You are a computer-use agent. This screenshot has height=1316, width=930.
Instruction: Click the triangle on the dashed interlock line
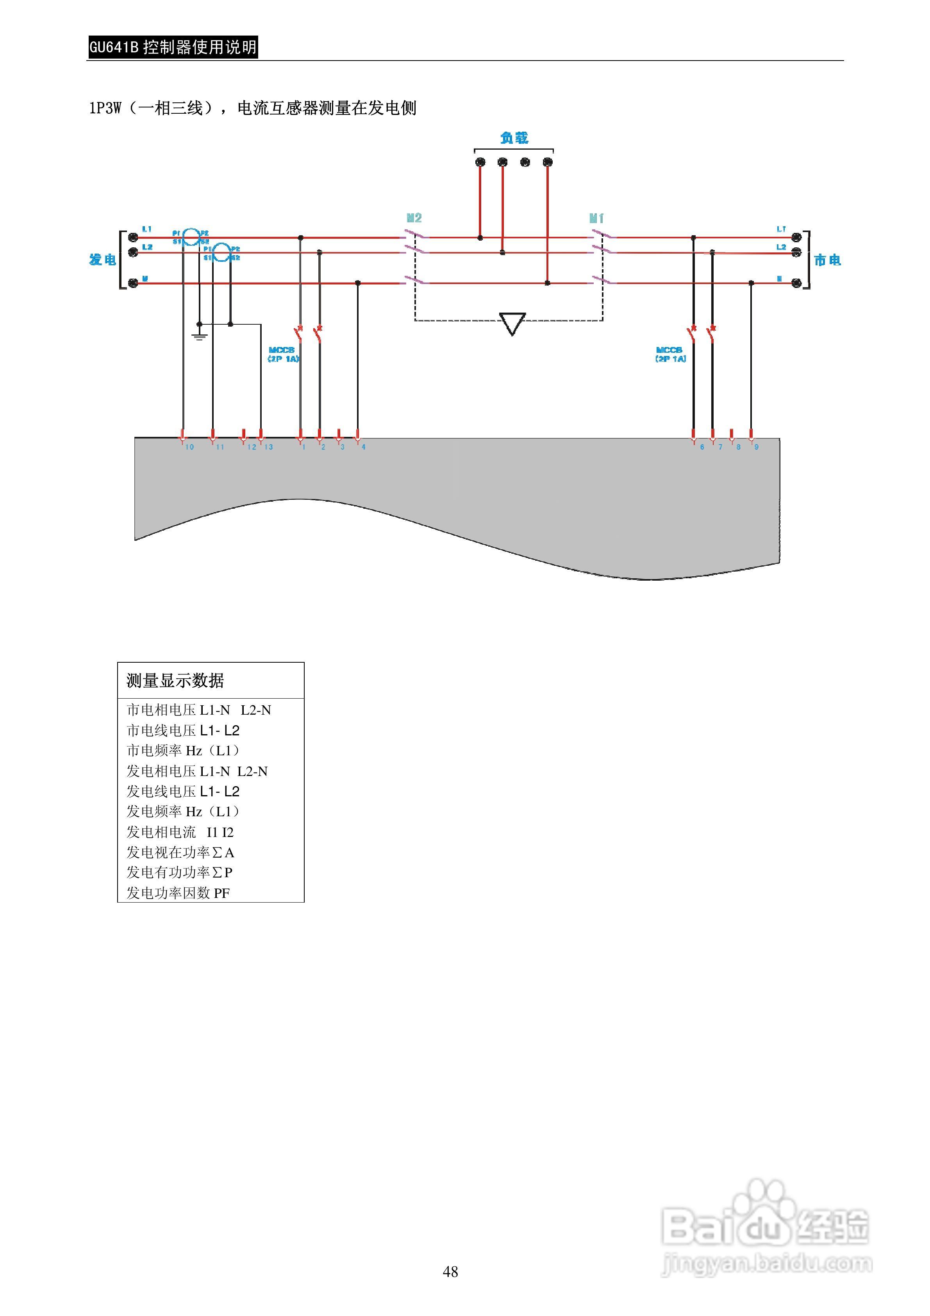tap(512, 323)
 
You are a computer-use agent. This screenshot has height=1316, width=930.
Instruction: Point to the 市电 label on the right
tap(827, 260)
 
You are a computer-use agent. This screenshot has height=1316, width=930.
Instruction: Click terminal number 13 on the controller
tap(268, 447)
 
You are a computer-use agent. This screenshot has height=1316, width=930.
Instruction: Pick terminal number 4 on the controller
tap(363, 447)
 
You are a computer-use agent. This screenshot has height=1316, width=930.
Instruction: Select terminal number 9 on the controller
tap(756, 447)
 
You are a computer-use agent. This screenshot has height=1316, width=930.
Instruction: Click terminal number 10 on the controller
tap(189, 447)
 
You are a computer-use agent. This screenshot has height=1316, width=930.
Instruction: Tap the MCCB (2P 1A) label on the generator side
tap(282, 354)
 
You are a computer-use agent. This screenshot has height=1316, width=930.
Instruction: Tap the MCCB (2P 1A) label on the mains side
tap(670, 354)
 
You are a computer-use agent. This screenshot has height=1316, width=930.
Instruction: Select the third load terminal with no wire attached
tap(525, 162)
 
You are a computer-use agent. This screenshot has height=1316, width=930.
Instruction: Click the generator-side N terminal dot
tap(133, 283)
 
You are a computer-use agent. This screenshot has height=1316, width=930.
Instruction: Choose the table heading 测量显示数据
tap(175, 680)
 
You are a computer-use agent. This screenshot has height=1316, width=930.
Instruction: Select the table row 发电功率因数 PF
tap(178, 892)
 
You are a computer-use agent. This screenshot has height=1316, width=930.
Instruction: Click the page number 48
tap(450, 1271)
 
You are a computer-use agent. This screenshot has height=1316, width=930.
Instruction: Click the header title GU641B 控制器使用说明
tap(173, 47)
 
